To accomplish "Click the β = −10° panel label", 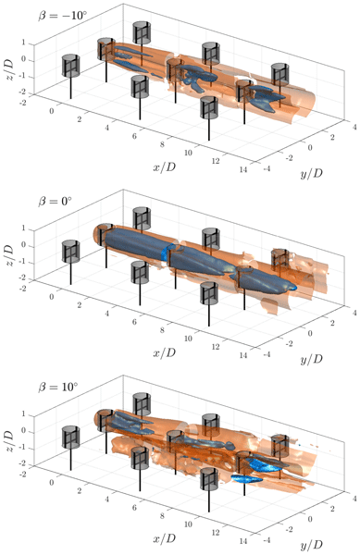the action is point(63,16).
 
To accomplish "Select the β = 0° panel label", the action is point(55,202).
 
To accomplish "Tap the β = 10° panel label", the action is point(57,387).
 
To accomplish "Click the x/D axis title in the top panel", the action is point(164,167).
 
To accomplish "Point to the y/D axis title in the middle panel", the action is point(312,360).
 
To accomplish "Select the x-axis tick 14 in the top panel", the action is point(243,169).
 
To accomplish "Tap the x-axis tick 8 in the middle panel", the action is point(162,330).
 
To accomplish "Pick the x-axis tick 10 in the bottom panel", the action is point(188,524).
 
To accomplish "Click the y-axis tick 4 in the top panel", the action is point(354,127).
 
